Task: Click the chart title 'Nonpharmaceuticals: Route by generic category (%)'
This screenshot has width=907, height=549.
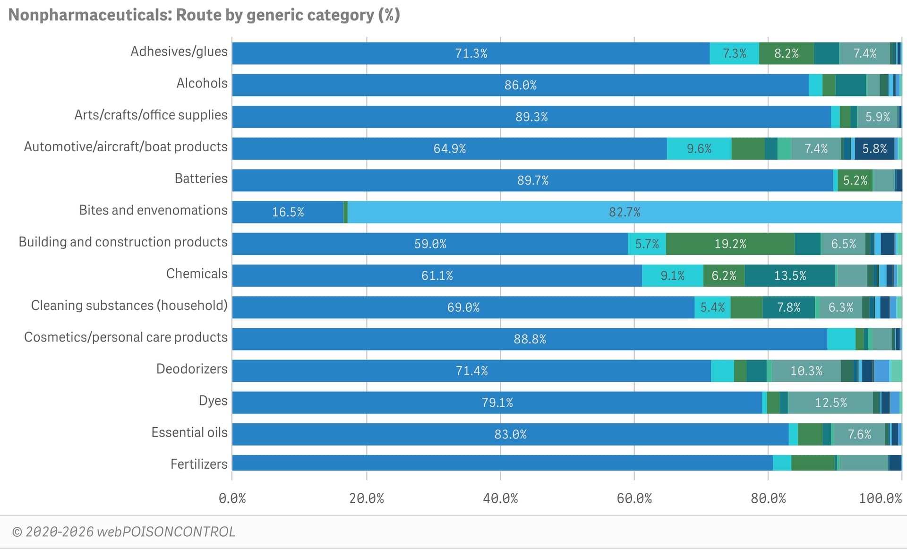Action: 204,15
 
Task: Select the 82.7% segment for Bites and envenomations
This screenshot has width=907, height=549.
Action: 625,212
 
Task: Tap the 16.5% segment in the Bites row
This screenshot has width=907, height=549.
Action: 288,212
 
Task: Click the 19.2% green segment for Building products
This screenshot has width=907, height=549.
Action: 730,244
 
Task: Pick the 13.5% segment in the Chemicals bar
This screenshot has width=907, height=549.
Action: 790,275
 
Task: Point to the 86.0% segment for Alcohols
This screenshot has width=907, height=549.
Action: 520,85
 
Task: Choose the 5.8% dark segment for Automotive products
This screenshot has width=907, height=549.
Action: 874,149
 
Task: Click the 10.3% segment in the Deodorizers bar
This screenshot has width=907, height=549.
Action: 806,371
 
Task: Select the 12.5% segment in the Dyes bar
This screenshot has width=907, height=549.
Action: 830,403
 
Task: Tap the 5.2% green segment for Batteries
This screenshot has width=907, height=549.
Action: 855,180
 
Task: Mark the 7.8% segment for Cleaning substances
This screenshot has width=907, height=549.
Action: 788,308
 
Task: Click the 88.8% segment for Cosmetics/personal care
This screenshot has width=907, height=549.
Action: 530,339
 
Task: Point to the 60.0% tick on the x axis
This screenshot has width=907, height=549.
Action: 634,498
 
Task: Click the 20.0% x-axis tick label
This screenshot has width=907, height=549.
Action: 367,498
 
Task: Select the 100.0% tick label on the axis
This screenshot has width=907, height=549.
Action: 880,498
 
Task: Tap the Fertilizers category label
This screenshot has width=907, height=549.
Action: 199,464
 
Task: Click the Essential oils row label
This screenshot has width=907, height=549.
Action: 189,432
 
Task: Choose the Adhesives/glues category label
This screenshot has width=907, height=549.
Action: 179,51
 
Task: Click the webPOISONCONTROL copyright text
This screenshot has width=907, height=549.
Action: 124,532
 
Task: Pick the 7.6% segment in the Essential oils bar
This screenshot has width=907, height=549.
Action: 859,434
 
